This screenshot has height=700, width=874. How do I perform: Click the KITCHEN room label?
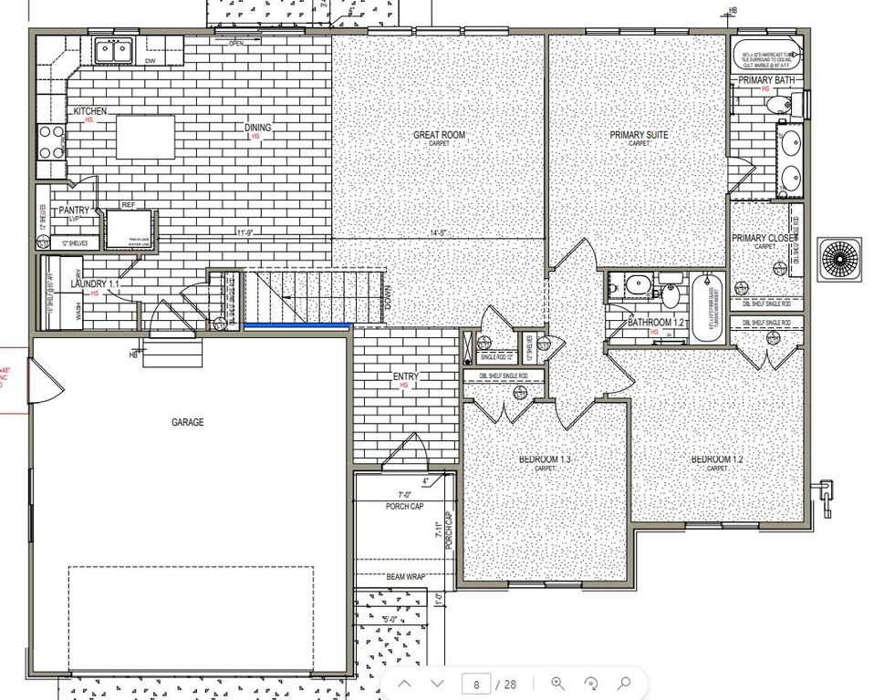pyautogui.click(x=89, y=111)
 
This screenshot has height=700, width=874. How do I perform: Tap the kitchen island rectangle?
pyautogui.click(x=144, y=138)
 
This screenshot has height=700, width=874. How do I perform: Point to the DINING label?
pyautogui.click(x=257, y=128)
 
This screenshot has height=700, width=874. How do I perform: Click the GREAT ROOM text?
pyautogui.click(x=439, y=135)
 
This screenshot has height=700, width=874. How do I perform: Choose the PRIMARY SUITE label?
pyautogui.click(x=639, y=135)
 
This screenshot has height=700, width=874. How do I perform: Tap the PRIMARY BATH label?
pyautogui.click(x=766, y=81)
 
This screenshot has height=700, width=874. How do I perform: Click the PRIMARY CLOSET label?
pyautogui.click(x=765, y=238)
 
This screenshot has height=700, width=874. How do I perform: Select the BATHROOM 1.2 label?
pyautogui.click(x=655, y=323)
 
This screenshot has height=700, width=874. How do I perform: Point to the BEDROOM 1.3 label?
pyautogui.click(x=545, y=459)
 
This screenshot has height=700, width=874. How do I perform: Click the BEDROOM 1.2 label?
pyautogui.click(x=717, y=459)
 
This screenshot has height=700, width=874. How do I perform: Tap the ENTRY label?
pyautogui.click(x=405, y=376)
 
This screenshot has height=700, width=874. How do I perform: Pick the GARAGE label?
pyautogui.click(x=187, y=422)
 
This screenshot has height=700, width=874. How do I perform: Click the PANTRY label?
pyautogui.click(x=73, y=211)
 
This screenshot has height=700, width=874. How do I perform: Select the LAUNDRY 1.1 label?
pyautogui.click(x=94, y=284)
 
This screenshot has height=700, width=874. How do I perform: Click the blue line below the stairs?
pyautogui.click(x=297, y=324)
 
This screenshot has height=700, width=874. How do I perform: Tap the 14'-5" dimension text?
pyautogui.click(x=441, y=233)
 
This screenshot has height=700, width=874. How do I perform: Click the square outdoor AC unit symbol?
pyautogui.click(x=839, y=257)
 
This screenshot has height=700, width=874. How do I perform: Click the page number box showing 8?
pyautogui.click(x=476, y=684)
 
